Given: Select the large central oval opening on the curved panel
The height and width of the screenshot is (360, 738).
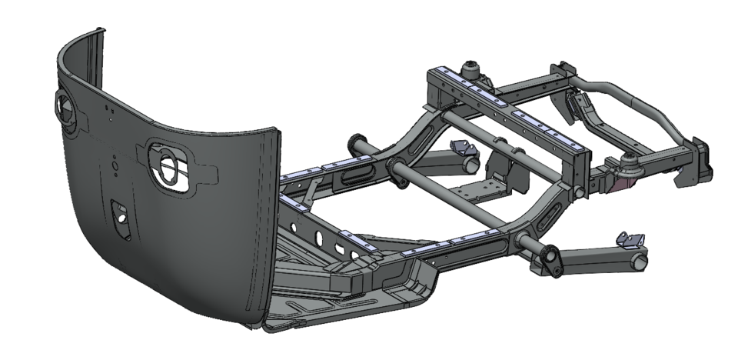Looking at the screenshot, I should coord(168,162).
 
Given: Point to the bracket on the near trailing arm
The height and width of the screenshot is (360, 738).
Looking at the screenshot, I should coord(631,240).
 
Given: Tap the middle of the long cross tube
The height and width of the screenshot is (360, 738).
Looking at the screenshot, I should coord(454,200).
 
